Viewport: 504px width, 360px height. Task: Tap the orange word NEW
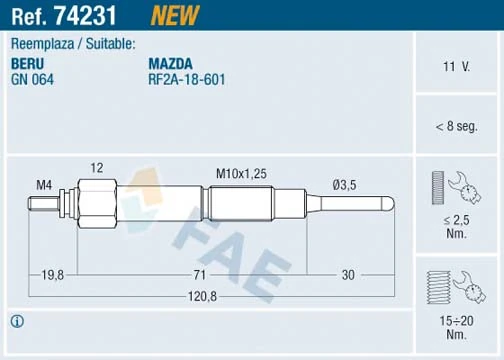(174, 14)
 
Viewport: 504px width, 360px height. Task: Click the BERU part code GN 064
(32, 78)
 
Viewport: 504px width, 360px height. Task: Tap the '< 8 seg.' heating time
(456, 127)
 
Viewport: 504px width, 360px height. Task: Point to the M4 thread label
(45, 184)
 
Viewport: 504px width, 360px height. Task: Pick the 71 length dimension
(199, 274)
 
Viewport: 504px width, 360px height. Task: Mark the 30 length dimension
(348, 274)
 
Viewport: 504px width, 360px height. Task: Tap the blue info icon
(16, 321)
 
